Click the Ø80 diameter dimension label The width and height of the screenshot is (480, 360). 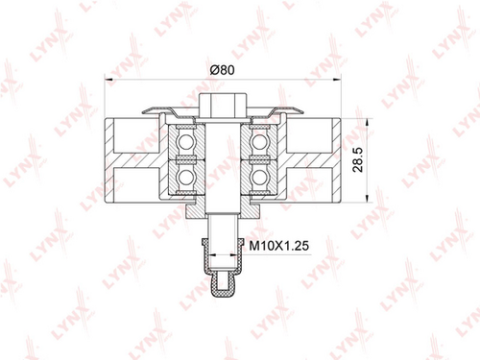coord(223,70)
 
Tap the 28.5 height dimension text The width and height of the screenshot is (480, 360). coord(358,159)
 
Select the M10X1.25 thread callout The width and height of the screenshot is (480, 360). coord(279,246)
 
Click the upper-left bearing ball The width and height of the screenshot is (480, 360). coord(185,142)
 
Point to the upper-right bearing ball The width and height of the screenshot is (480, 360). coord(259,142)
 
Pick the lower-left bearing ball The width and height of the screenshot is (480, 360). coord(185,177)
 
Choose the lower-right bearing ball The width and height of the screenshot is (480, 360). coord(259,177)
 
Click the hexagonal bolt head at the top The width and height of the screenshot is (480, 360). coord(223,106)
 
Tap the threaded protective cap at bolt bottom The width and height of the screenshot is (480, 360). coord(223,268)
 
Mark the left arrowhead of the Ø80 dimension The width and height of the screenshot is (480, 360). coord(109,79)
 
